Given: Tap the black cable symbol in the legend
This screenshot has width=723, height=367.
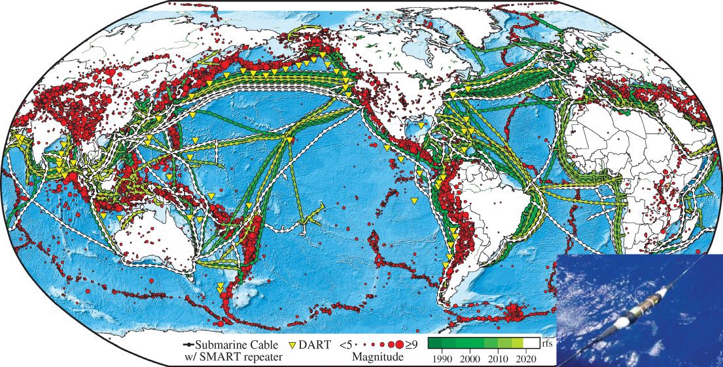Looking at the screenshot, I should (185, 344).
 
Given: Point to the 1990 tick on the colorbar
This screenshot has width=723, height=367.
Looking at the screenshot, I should (444, 358).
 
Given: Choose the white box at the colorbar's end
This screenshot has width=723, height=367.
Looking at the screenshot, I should (532, 343).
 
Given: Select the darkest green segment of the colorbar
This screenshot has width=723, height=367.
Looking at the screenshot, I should (434, 343).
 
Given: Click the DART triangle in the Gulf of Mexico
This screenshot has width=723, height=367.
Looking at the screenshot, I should (421, 125).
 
